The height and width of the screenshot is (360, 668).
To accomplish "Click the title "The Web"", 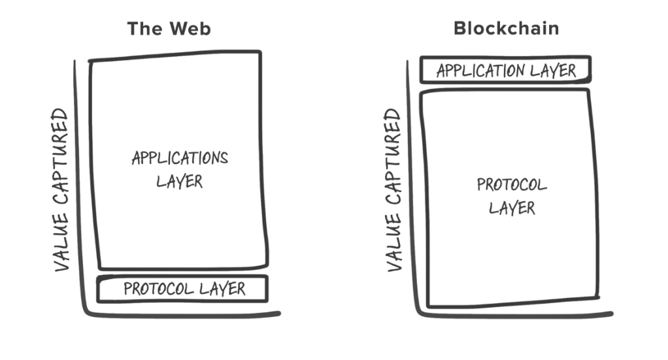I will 169,29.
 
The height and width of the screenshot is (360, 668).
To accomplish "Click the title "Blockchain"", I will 506,29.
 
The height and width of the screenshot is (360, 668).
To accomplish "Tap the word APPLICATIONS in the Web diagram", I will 180,158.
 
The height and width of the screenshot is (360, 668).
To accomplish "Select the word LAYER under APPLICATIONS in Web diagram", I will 180,180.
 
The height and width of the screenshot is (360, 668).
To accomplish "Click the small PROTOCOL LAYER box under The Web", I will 183,289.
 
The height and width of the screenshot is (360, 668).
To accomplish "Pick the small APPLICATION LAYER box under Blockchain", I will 505,70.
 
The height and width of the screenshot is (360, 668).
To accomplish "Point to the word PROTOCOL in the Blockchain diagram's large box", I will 512,185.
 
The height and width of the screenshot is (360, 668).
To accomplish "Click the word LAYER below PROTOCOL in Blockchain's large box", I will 512,208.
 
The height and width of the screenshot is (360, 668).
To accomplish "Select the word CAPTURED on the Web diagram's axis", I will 61,163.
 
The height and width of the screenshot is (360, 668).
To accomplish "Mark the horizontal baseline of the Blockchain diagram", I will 513,315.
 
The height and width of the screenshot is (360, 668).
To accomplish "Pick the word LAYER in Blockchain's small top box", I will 554,70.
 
